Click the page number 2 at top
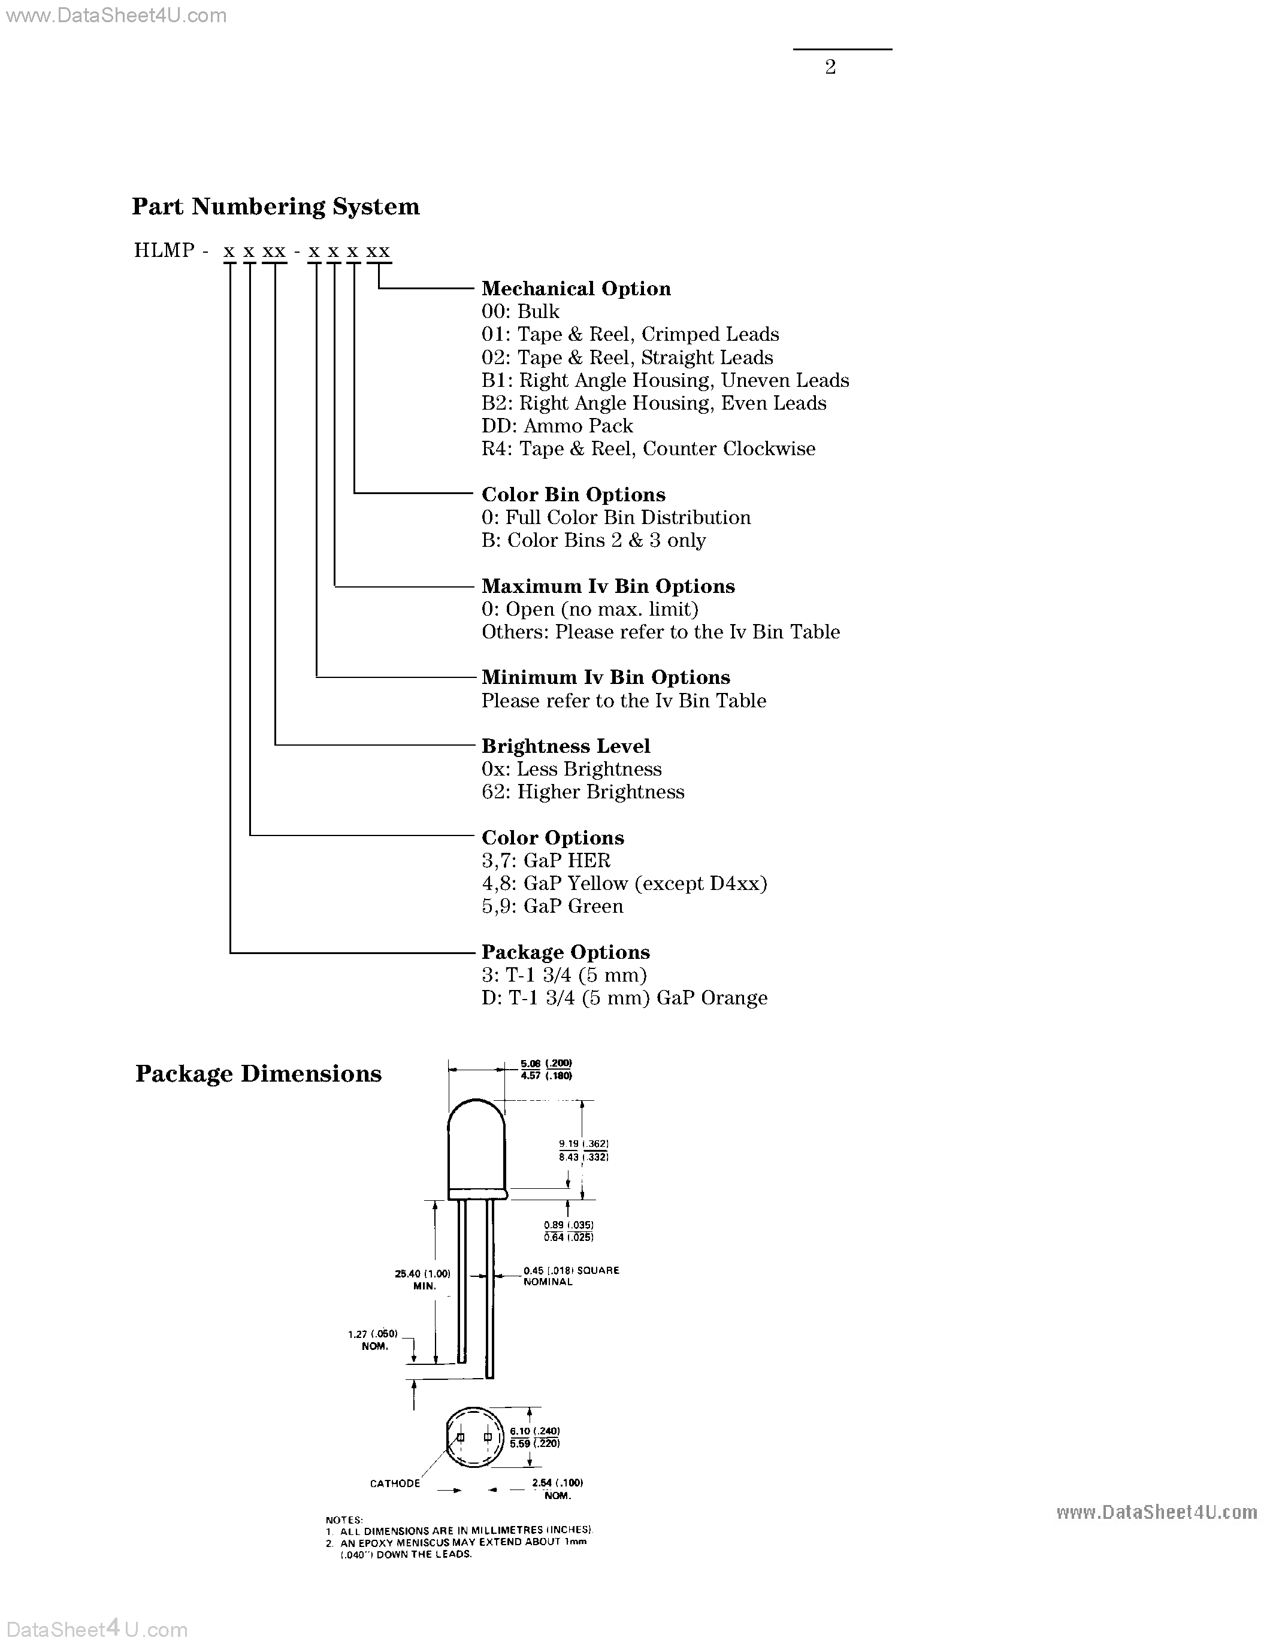pos(830,68)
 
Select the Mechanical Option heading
pos(576,289)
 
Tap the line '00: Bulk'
pos(521,312)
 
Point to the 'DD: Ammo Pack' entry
pos(557,426)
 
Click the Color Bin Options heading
pos(573,495)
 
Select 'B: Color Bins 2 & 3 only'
pos(594,541)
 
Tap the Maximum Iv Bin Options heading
pos(608,587)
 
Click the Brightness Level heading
pos(566,747)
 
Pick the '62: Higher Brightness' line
pos(583,792)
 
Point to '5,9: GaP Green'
pos(552,907)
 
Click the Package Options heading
pos(566,952)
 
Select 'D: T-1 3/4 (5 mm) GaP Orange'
pos(624,998)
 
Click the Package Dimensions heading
pos(258,1074)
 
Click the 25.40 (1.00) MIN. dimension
pos(422,1280)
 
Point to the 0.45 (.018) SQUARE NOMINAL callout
pos(571,1276)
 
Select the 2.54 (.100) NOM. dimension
pos(557,1489)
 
